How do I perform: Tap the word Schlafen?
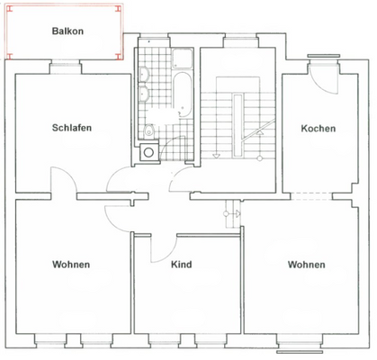(71, 128)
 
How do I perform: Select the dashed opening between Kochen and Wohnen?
(305, 195)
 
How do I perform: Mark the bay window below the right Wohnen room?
(299, 345)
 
